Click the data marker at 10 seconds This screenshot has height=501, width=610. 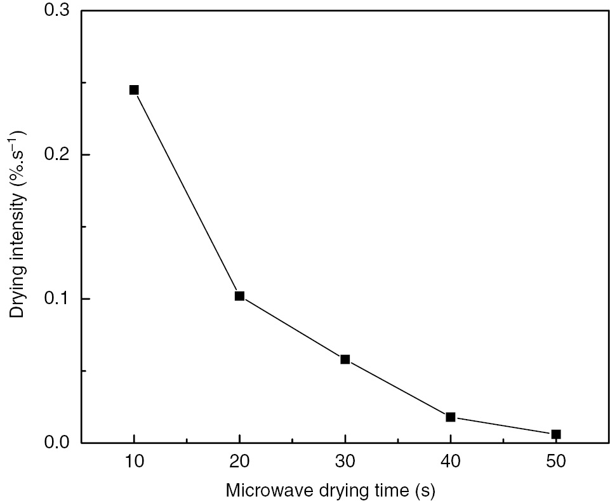click(134, 90)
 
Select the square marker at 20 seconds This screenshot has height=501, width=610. click(239, 296)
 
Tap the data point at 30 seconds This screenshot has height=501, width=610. click(345, 359)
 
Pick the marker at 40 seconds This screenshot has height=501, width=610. click(451, 417)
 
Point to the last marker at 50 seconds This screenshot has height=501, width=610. click(556, 434)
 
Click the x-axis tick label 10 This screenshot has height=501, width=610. click(134, 464)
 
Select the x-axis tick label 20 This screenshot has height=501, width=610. click(239, 464)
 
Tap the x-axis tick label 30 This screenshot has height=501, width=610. click(345, 464)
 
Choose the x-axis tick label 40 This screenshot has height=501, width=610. click(451, 464)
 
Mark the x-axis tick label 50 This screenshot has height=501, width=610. click(556, 464)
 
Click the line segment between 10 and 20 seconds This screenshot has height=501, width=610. click(187, 193)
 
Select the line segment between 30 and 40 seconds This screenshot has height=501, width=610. click(398, 388)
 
